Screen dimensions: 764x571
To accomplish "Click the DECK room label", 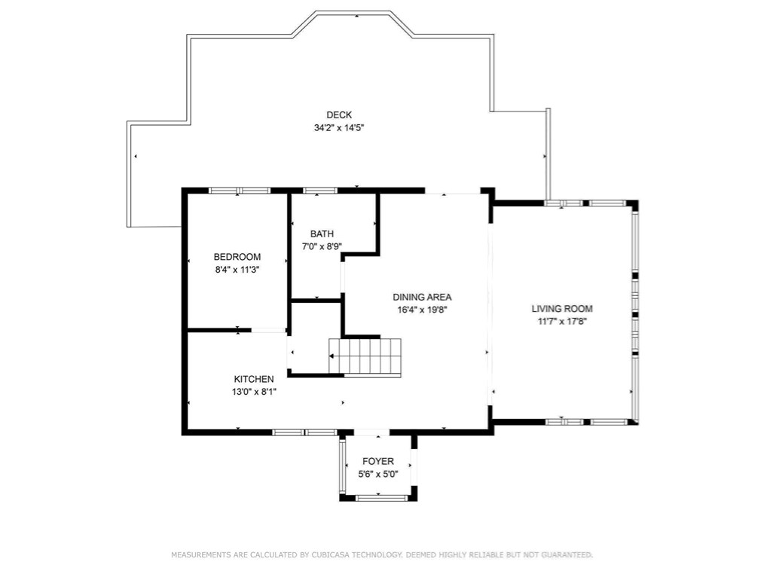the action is pos(339,115).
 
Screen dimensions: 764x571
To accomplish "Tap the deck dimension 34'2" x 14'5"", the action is pos(339,127).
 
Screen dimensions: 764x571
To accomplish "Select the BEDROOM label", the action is pos(237,257).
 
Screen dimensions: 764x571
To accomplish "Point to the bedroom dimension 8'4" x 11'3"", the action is pos(237,270).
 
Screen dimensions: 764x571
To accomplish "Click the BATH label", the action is pos(322,234).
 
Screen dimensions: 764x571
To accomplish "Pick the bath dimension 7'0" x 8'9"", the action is pos(322,246).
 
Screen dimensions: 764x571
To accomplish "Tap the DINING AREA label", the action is pos(422,297).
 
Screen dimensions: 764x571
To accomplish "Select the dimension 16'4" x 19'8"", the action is pos(422,310).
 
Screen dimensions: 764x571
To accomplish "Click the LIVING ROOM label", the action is pos(562,308).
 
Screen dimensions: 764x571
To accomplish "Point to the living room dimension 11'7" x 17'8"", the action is pos(562,321).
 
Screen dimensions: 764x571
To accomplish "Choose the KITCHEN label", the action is pos(254,379).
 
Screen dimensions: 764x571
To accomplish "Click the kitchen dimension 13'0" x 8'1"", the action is pos(254,392).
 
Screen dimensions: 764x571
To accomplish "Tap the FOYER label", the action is pos(378,461).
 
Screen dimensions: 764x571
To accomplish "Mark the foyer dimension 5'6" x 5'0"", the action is pos(378,474).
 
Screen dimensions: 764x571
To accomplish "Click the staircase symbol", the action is pos(365,356).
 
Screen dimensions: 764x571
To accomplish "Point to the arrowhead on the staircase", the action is pos(332,356).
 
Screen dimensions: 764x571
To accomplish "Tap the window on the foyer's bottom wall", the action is pos(381,498).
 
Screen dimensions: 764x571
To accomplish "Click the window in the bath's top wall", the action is pos(320,191).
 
